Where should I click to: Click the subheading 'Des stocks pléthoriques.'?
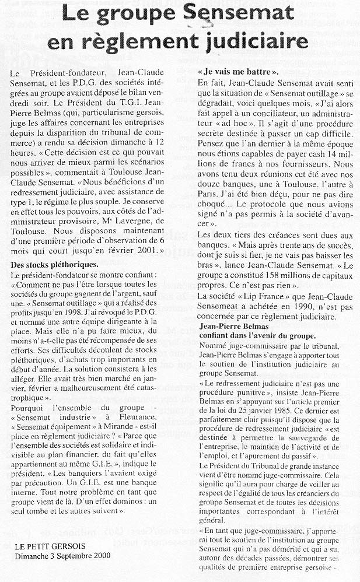(55, 264)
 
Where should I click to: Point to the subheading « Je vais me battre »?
(238, 72)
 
